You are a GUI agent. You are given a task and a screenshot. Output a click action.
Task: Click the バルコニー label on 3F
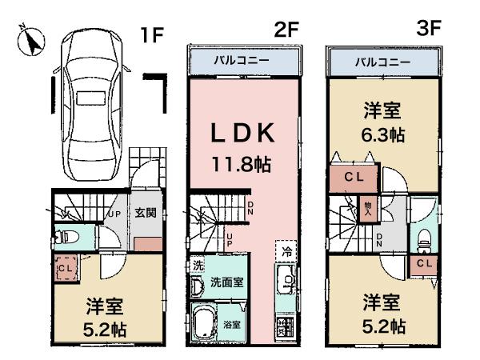(x=383, y=62)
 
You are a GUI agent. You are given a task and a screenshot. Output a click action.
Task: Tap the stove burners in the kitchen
(x=286, y=326)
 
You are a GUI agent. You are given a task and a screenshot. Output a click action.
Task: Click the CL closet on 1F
(x=66, y=270)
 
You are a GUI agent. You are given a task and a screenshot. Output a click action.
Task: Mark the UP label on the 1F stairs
(x=114, y=215)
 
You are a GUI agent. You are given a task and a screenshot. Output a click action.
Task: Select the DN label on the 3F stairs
(x=379, y=237)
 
